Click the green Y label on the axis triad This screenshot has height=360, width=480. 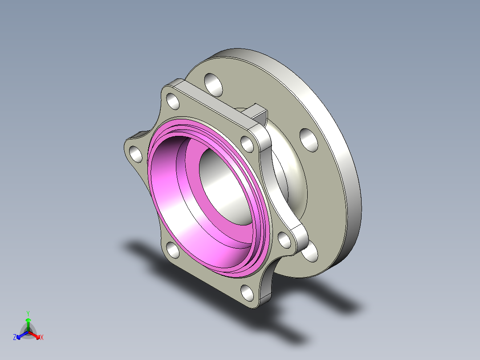(x=28, y=313)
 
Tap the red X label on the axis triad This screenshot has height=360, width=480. (x=42, y=337)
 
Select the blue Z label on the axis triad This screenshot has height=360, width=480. (x=14, y=337)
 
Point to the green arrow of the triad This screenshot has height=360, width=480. (x=28, y=324)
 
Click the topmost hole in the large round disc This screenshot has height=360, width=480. (x=213, y=85)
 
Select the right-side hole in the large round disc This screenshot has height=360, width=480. (x=309, y=140)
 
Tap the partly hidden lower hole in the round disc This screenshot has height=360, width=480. (x=310, y=252)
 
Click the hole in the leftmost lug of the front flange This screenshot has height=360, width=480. (x=136, y=154)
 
